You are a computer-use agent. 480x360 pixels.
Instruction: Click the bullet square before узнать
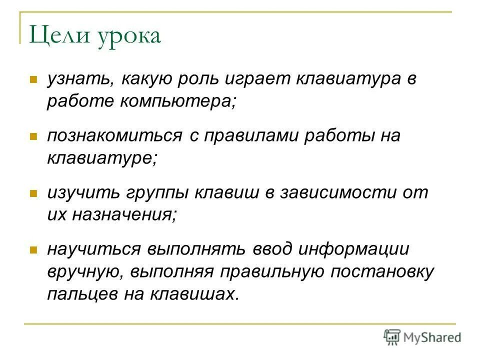[33, 79]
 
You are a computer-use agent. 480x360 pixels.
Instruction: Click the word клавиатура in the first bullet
[340, 79]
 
